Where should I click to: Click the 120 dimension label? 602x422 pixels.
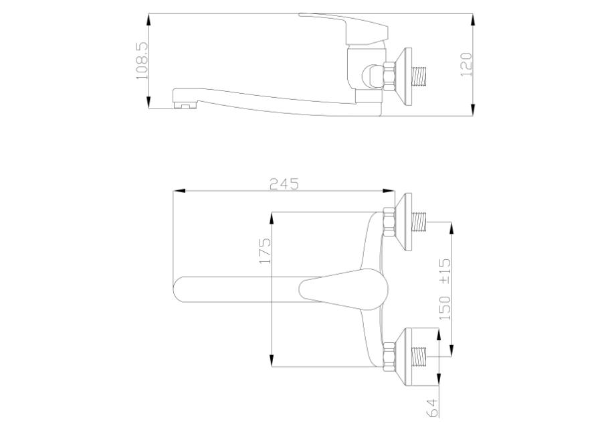[x=466, y=64]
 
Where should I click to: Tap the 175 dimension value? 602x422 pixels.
[x=266, y=251]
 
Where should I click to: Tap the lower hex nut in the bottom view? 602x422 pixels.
[x=389, y=356]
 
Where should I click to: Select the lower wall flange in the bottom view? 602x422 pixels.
[x=404, y=356]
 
